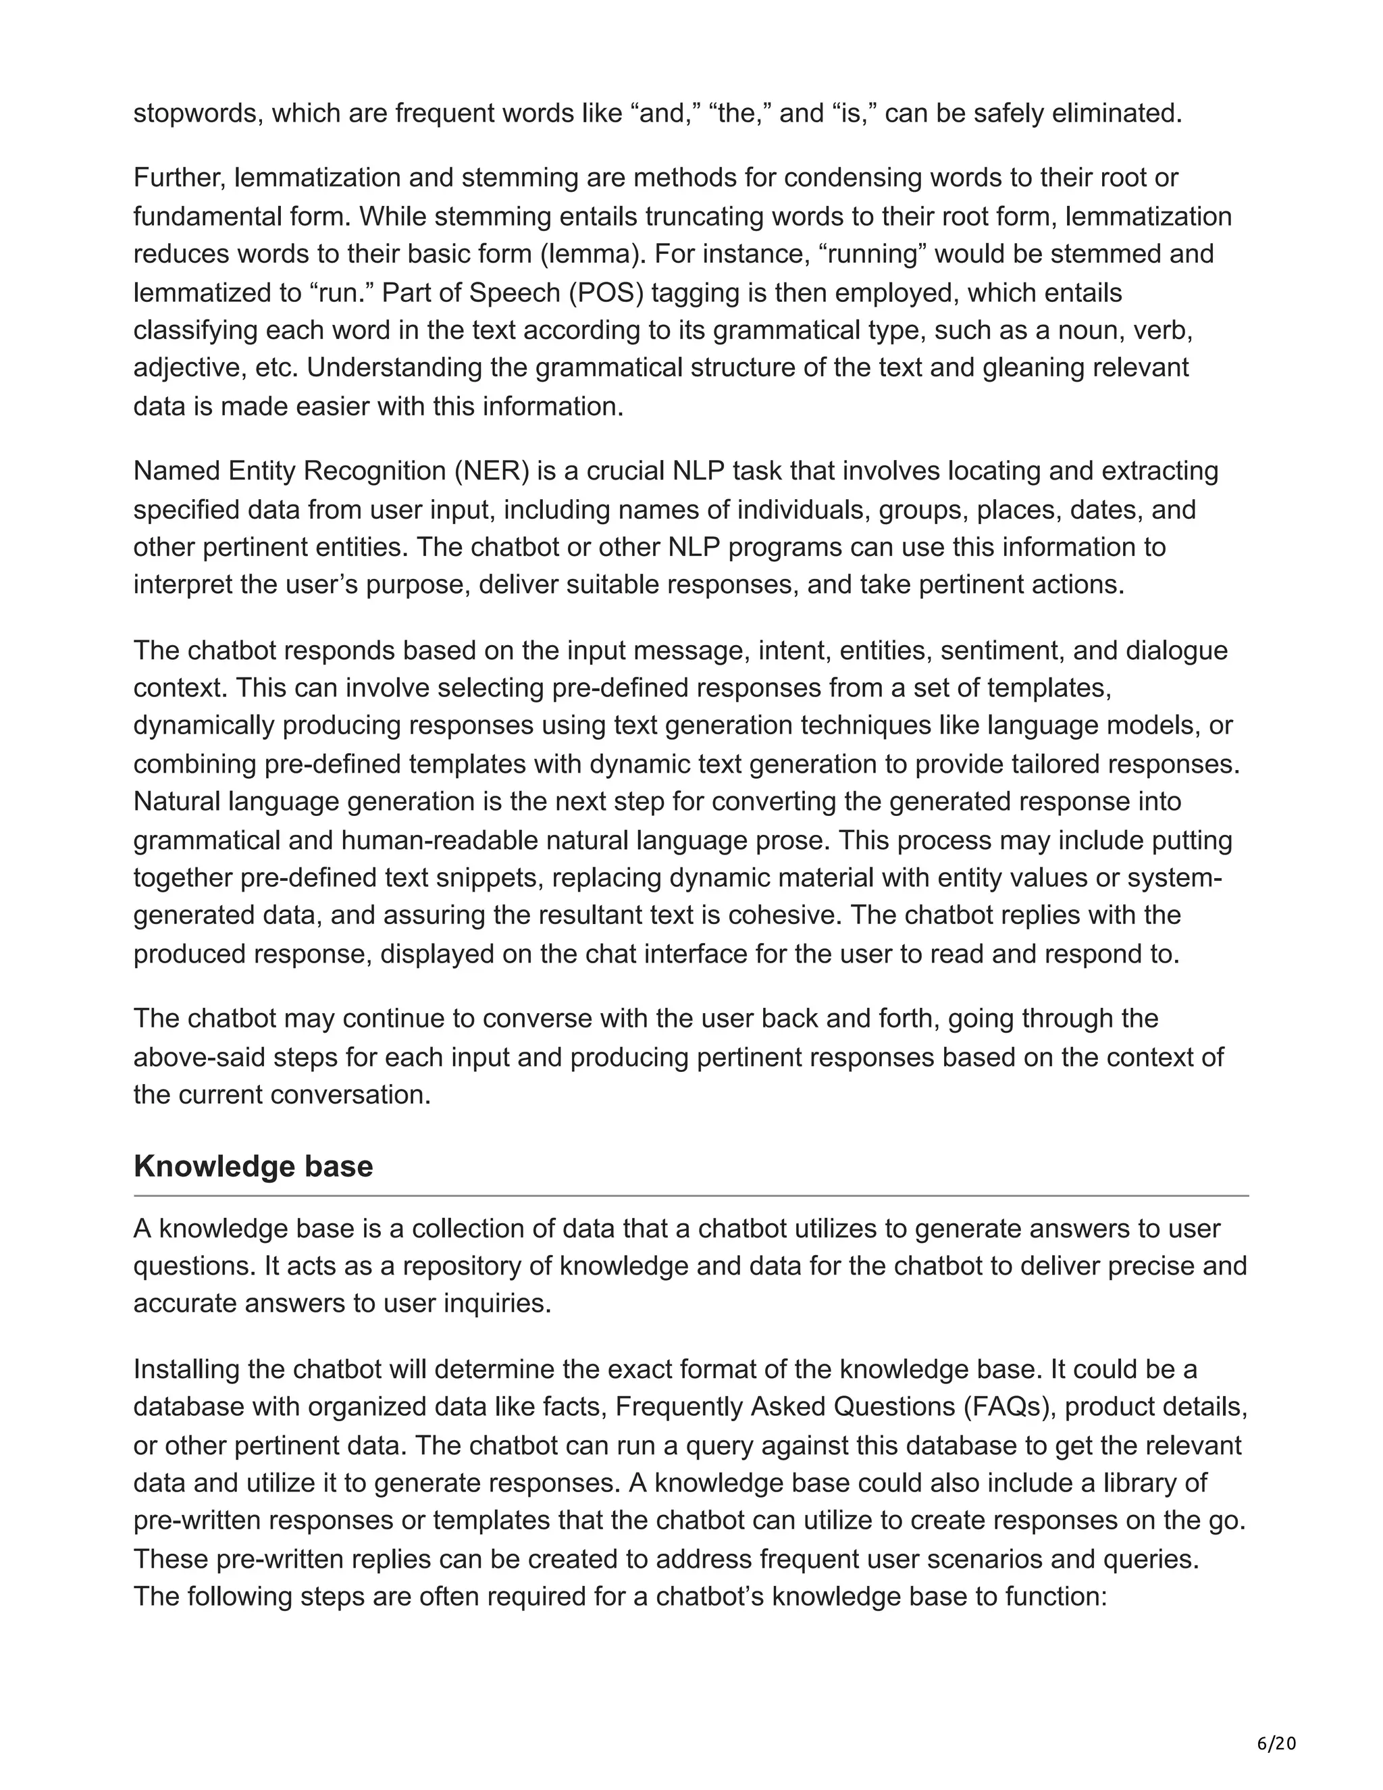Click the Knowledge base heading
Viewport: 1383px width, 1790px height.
point(253,1167)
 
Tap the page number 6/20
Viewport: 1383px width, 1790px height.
point(1276,1743)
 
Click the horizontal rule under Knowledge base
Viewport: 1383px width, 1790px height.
point(691,1197)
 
